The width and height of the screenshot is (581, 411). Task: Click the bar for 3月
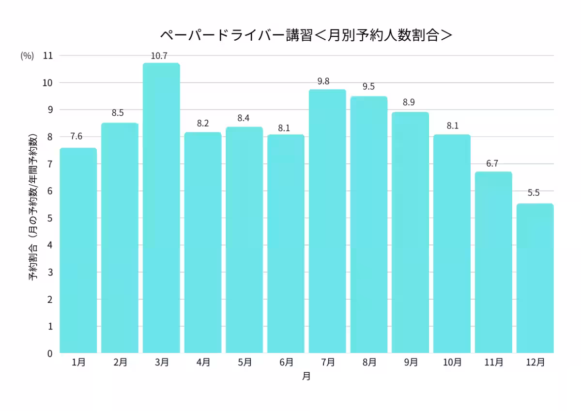[x=161, y=208]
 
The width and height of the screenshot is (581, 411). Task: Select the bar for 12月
[x=535, y=279]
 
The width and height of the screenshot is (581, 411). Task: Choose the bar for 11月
[x=493, y=262]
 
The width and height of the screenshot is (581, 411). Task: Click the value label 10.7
[x=159, y=56]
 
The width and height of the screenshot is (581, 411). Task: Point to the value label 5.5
[x=534, y=192]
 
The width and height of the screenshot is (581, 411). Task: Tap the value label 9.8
[x=323, y=81]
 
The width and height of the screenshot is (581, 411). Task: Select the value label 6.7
[x=492, y=164]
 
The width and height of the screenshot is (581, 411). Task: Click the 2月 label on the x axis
[x=120, y=362]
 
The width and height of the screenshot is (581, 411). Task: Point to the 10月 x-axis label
[x=452, y=362]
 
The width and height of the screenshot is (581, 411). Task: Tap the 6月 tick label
[x=286, y=362]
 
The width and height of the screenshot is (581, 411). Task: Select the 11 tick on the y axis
[x=48, y=56]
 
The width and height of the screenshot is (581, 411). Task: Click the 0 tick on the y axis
[x=49, y=353]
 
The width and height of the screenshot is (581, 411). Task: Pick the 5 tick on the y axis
[x=49, y=218]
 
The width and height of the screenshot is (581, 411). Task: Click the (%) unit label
[x=27, y=56]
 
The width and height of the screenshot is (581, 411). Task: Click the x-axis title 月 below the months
[x=306, y=376]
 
